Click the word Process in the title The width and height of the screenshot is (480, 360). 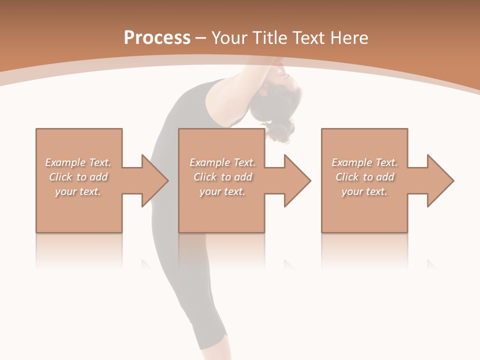click(x=157, y=38)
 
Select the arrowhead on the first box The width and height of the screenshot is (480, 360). click(x=153, y=180)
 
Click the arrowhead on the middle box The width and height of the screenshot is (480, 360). click(x=296, y=180)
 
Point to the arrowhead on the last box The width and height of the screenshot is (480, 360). click(x=439, y=180)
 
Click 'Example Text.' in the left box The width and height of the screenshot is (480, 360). click(x=78, y=162)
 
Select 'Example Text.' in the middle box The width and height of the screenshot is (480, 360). click(x=222, y=162)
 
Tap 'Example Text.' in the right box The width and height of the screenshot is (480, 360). click(x=364, y=162)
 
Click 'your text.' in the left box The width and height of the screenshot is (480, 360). click(x=78, y=191)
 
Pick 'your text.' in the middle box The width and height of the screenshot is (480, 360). click(x=222, y=191)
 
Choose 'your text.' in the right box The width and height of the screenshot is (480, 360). click(x=364, y=191)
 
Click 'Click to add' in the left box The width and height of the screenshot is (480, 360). click(x=78, y=177)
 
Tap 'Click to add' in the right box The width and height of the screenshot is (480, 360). click(x=364, y=177)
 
